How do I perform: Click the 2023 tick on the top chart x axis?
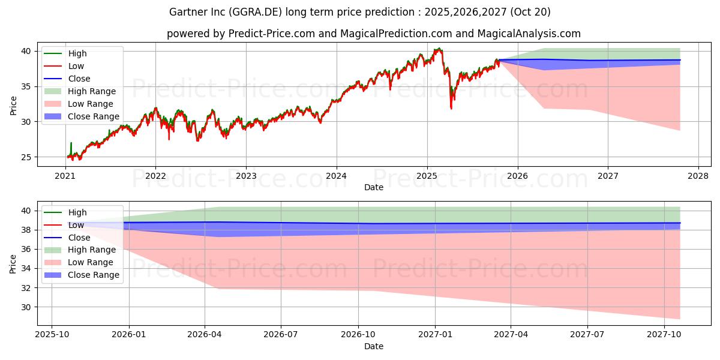point(246,176)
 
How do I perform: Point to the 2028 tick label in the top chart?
point(698,176)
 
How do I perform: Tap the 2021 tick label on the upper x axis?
point(65,176)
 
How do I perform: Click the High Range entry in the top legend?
point(92,91)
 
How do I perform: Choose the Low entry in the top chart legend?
point(76,66)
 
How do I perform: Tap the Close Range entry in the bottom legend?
point(94,275)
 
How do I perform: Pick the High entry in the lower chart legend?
point(77,212)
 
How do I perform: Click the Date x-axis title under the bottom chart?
point(373,346)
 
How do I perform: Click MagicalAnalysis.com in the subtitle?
point(529,34)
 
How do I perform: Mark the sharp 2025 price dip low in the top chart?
point(451,109)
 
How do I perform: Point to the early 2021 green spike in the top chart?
point(71,143)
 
